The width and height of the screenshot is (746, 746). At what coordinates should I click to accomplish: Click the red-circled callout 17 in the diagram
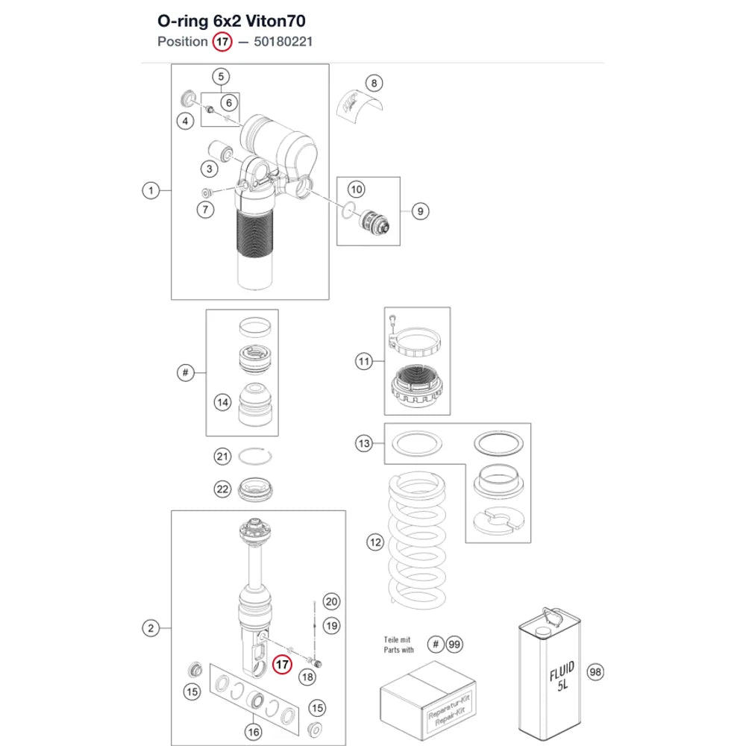[282, 664]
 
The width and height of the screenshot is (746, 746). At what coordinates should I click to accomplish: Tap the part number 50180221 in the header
[283, 42]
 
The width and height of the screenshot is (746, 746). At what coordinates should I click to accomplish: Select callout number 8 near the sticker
[374, 84]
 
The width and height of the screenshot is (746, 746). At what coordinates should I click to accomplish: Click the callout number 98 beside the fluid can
[595, 672]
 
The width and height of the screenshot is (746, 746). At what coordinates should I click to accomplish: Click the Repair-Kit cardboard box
[428, 700]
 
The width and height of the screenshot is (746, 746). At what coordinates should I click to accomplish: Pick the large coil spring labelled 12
[417, 540]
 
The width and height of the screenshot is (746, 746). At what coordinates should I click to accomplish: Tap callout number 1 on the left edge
[151, 191]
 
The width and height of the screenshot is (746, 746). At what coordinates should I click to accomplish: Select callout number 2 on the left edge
[151, 628]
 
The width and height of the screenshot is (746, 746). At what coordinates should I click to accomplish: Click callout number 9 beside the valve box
[420, 211]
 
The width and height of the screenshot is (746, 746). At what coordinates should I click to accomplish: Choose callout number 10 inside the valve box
[357, 189]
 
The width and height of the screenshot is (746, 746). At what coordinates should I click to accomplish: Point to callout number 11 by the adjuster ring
[364, 361]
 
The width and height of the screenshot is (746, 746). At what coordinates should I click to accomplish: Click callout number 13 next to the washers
[364, 443]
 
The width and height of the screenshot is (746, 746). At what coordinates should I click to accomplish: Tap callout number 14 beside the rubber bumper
[222, 403]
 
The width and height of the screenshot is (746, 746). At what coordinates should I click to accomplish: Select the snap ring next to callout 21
[255, 457]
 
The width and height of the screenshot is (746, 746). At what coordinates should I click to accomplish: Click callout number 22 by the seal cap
[222, 489]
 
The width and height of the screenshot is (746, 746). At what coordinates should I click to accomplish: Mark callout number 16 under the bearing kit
[254, 732]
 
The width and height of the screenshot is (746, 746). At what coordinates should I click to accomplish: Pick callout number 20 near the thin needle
[332, 601]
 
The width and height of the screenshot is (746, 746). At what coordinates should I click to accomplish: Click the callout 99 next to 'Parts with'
[454, 645]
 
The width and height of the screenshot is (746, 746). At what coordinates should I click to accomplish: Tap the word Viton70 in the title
[275, 21]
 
